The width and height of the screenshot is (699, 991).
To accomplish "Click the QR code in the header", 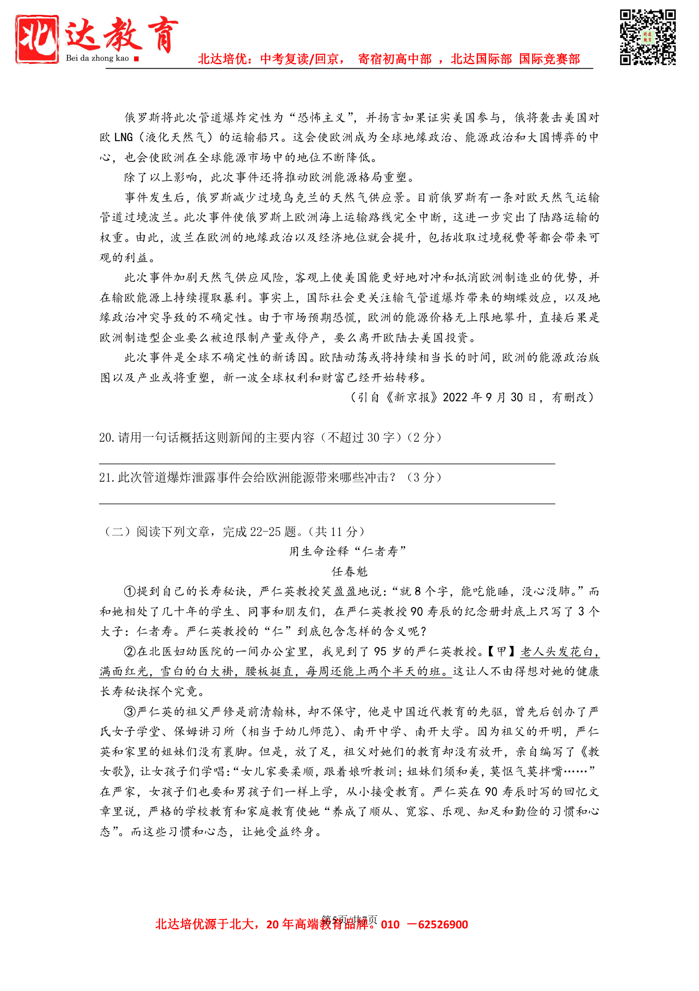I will [647, 38].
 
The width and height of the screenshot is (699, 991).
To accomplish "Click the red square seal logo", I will [37, 39].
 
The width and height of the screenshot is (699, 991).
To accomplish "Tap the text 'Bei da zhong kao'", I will [97, 58].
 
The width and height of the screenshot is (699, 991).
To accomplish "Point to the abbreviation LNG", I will [123, 138].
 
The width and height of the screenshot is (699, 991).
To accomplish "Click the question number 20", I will [107, 438].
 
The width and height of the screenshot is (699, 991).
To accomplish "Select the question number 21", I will [107, 478].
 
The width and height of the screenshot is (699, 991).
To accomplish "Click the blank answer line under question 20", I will [327, 463].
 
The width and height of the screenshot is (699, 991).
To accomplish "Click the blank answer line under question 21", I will [327, 503].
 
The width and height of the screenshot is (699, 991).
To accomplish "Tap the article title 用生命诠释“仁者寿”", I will [348, 551].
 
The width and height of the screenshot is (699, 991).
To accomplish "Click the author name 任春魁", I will [349, 572].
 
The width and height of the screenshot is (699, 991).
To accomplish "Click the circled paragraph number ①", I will [130, 591].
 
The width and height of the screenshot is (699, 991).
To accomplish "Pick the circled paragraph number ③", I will [130, 712].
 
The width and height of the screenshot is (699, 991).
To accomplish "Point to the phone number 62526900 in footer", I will [442, 925].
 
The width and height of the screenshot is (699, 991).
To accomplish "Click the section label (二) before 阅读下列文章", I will [117, 532].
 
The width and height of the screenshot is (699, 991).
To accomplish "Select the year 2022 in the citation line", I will [455, 398].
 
